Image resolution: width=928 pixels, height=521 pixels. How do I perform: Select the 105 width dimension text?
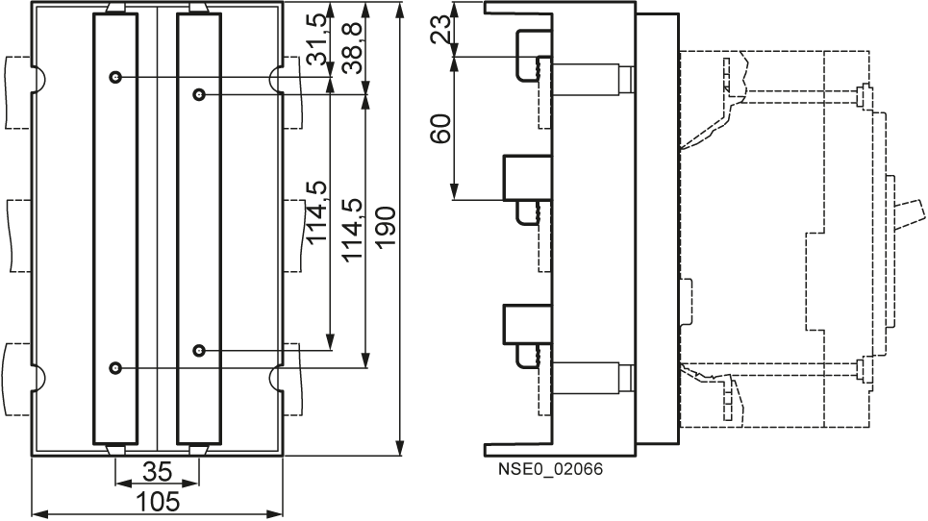158,502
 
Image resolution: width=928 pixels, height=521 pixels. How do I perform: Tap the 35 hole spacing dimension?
158,472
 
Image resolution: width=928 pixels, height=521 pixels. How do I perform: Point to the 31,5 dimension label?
316,39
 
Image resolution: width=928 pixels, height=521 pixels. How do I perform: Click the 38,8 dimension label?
353,47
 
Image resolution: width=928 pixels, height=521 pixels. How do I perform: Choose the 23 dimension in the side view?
440,30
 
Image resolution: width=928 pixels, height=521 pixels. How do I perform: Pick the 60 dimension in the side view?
440,129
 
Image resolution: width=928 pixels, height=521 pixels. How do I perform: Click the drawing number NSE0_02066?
550,469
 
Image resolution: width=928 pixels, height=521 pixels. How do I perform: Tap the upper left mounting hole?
115,77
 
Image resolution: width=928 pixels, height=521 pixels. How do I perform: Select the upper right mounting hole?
199,94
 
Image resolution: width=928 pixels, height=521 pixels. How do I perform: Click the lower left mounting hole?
115,368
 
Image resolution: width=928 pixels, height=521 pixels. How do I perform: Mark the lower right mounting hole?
199,351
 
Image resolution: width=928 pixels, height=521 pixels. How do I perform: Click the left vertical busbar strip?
115,228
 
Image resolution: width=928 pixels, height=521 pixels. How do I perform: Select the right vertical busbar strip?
199,228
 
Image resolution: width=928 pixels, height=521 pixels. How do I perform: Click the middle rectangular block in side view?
527,178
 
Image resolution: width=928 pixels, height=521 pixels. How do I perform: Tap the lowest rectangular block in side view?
527,324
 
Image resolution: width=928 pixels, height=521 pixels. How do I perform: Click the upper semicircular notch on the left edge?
38,79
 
